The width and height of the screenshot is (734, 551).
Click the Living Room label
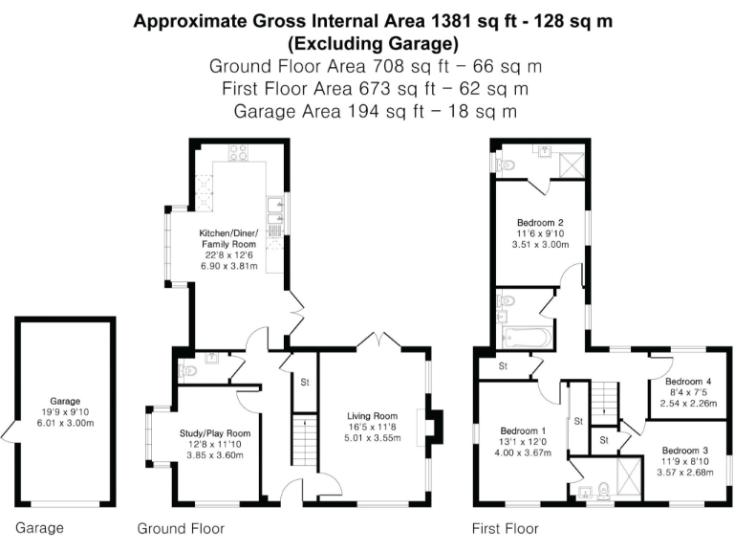[x=372, y=416]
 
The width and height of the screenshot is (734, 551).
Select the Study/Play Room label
[x=214, y=432]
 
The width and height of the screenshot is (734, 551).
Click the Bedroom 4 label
[x=686, y=381]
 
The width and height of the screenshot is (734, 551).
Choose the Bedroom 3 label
[x=686, y=450]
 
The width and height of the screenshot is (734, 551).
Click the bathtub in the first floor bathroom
[x=526, y=337]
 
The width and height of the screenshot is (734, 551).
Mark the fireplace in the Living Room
[x=436, y=424]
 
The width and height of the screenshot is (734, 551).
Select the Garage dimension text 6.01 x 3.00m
[x=65, y=424]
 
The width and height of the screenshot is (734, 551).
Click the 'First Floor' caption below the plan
[x=506, y=528]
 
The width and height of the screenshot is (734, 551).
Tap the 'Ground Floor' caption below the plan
[x=181, y=528]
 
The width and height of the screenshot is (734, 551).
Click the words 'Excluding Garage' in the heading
[x=373, y=44]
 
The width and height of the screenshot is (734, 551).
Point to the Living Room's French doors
[x=379, y=340]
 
